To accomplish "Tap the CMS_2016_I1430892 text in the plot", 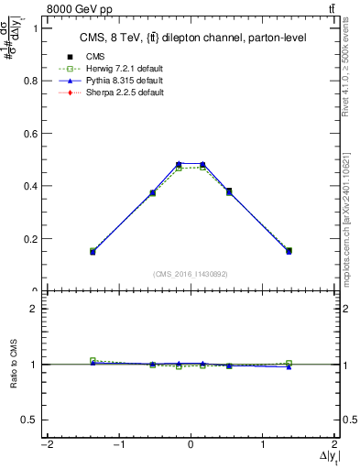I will pyautogui.click(x=190, y=273).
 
